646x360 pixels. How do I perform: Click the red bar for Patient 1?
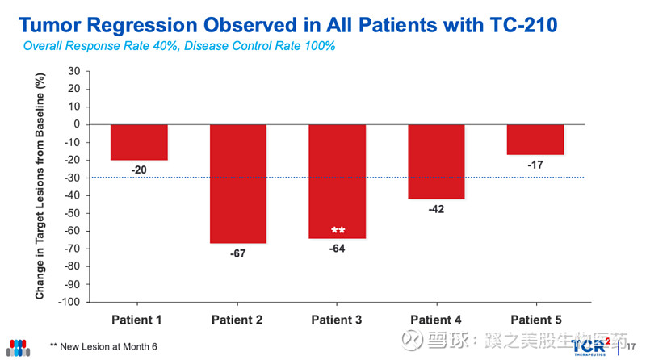139,142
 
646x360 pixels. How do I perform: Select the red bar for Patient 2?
238,183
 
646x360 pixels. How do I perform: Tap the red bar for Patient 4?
436,161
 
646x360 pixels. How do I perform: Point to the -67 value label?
238,253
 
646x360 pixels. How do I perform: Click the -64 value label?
338,249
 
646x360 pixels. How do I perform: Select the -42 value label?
436,209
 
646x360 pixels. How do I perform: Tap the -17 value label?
535,165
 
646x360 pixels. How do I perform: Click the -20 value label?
139,170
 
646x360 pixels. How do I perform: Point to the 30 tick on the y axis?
73,71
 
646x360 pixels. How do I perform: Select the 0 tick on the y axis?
75,124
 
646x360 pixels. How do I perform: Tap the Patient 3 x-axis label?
338,320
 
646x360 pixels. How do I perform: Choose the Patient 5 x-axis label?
535,320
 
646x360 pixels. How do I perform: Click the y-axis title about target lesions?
40,186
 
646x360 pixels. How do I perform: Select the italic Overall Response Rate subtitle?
178,46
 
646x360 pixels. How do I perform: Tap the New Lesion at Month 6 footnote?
103,346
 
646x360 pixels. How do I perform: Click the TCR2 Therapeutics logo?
597,345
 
